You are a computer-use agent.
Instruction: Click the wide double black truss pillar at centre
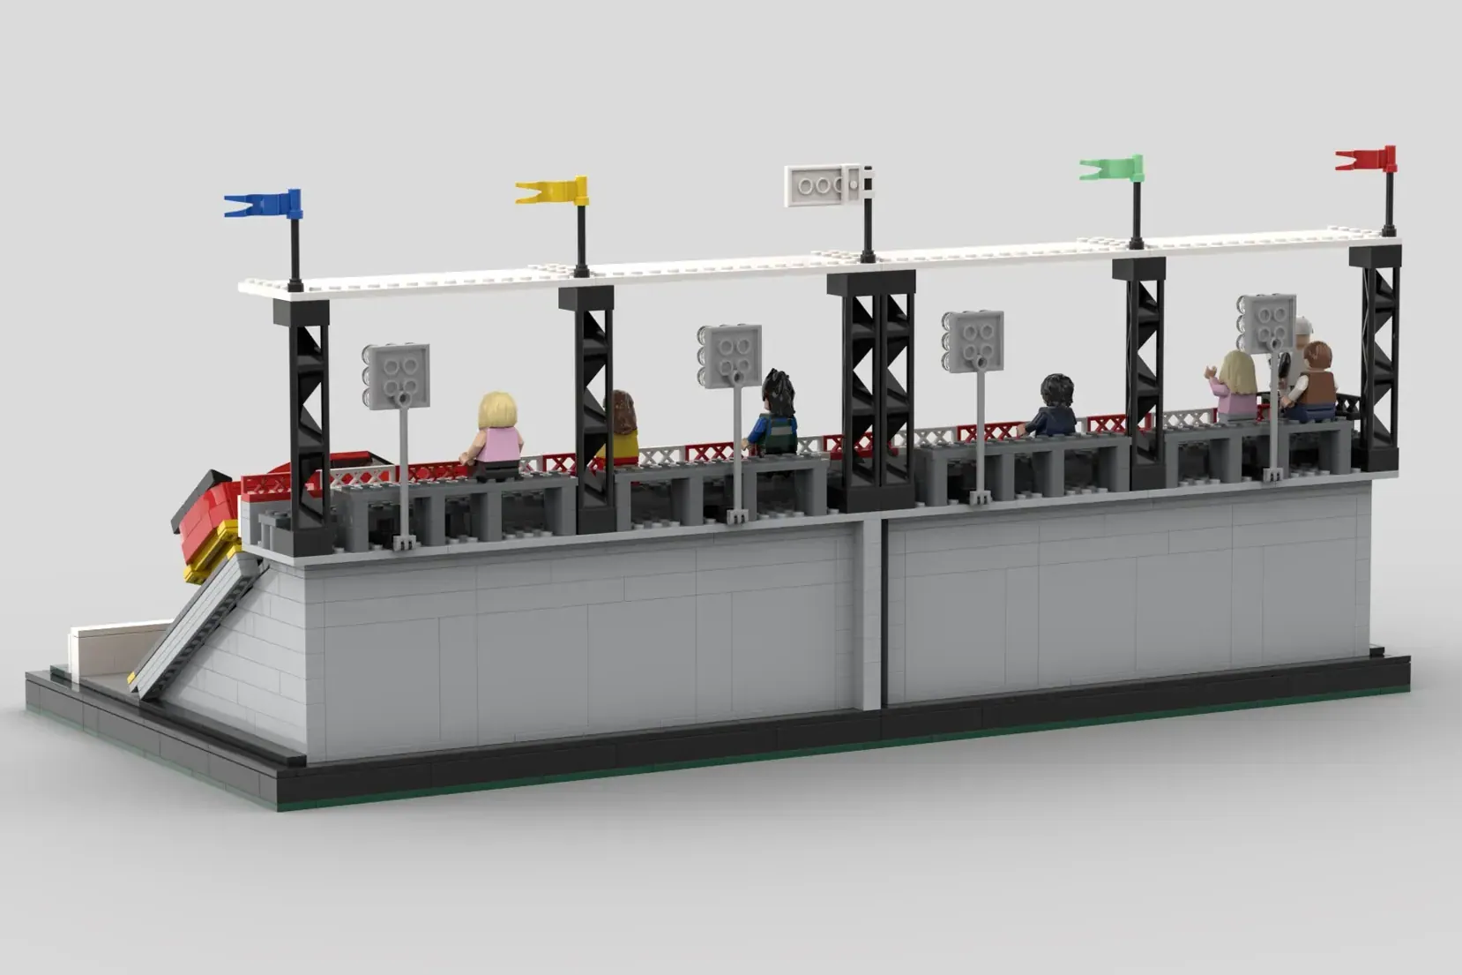pyautogui.click(x=870, y=388)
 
